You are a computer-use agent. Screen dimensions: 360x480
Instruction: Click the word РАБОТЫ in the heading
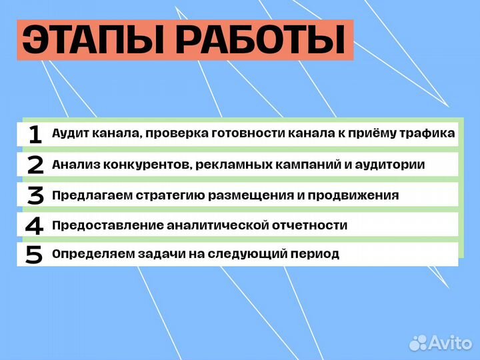pyautogui.click(x=263, y=41)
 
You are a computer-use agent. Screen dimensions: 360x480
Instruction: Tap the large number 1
pyautogui.click(x=35, y=134)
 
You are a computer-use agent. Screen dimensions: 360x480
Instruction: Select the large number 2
pyautogui.click(x=35, y=165)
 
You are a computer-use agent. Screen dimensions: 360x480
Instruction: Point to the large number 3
pyautogui.click(x=35, y=195)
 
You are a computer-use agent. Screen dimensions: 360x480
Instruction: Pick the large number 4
pyautogui.click(x=34, y=225)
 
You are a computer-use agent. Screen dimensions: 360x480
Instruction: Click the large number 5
pyautogui.click(x=34, y=255)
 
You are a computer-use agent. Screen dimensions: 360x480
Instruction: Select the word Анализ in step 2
pyautogui.click(x=73, y=165)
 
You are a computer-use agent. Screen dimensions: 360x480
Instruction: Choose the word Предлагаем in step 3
pyautogui.click(x=91, y=195)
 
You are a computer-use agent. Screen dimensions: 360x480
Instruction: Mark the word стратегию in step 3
pyautogui.click(x=169, y=195)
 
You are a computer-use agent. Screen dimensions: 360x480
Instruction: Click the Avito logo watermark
pyautogui.click(x=441, y=342)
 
